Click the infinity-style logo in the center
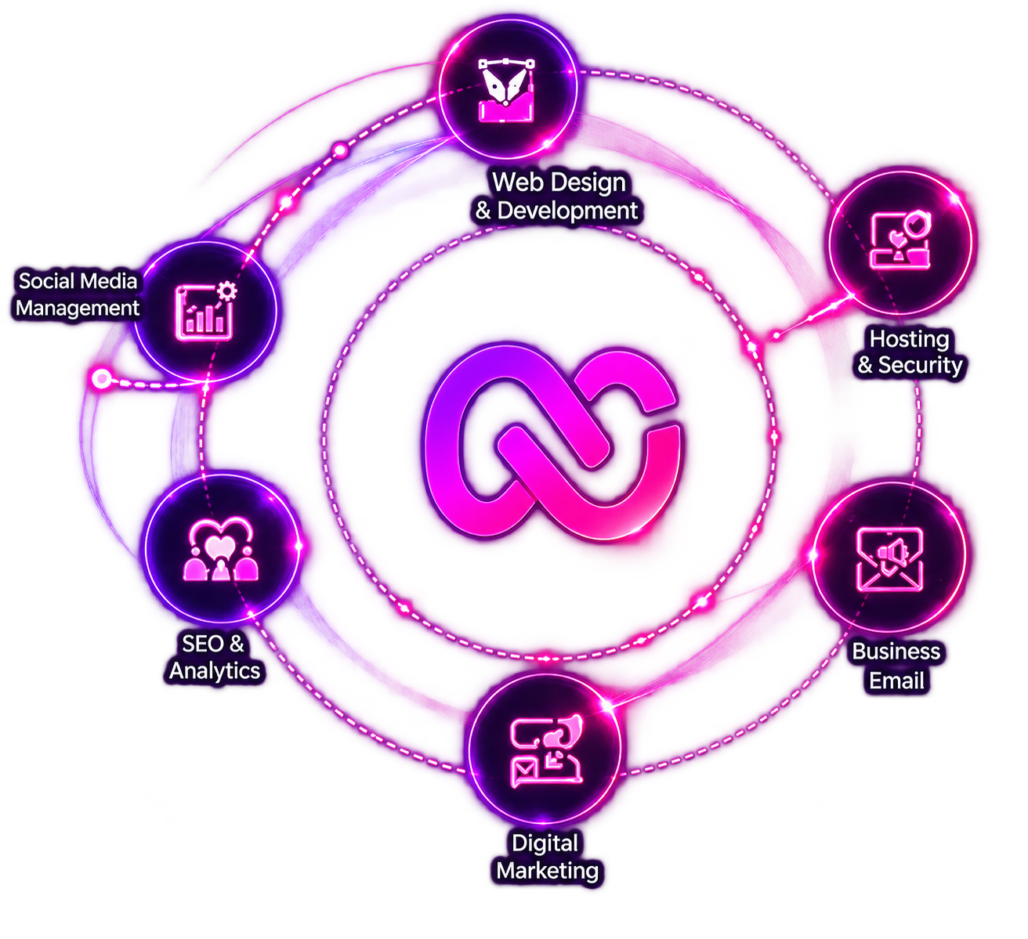(x=552, y=442)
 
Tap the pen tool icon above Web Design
(x=506, y=90)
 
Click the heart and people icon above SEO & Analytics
(x=220, y=550)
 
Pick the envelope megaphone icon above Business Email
(x=890, y=560)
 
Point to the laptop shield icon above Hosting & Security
(x=900, y=239)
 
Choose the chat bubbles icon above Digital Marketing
(x=546, y=751)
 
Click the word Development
(x=567, y=210)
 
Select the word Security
(x=921, y=365)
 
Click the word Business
(x=896, y=652)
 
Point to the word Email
(x=897, y=681)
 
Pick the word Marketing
(x=548, y=870)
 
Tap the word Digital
(x=545, y=843)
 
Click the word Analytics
(x=215, y=671)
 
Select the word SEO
(x=202, y=644)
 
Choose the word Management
(x=78, y=309)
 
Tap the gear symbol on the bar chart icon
(x=226, y=291)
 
